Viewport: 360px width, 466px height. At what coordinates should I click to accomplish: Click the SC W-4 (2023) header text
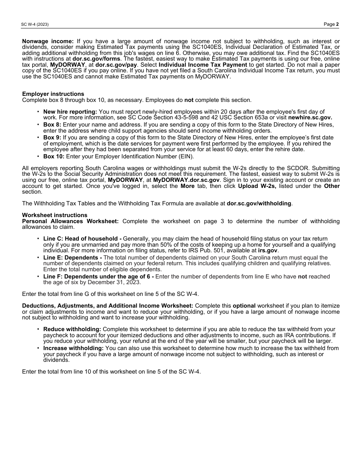(35, 25)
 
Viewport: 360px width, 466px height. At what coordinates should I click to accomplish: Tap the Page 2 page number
(331, 24)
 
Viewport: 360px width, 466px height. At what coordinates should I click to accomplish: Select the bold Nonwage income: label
(48, 41)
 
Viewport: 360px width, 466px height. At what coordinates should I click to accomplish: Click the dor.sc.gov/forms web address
(96, 59)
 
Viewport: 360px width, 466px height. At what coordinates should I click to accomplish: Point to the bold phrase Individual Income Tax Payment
(203, 65)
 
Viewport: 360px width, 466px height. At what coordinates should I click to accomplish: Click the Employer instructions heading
(53, 94)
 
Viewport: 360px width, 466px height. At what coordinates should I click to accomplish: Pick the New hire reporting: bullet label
(70, 112)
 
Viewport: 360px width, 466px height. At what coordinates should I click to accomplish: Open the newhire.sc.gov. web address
(310, 117)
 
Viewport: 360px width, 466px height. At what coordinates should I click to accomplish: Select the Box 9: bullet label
(52, 138)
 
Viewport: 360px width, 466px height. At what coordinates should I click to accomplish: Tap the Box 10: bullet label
(53, 156)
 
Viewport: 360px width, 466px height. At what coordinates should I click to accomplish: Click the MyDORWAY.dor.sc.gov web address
(186, 180)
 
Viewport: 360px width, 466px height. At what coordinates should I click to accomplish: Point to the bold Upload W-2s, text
(257, 186)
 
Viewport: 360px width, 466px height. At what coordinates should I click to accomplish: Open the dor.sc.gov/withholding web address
(259, 203)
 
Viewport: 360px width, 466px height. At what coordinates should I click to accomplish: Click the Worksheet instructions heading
(55, 215)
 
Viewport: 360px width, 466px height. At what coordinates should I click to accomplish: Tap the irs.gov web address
(268, 250)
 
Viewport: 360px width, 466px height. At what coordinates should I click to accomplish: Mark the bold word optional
(244, 306)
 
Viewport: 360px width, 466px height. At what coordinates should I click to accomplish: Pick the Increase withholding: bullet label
(73, 348)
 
